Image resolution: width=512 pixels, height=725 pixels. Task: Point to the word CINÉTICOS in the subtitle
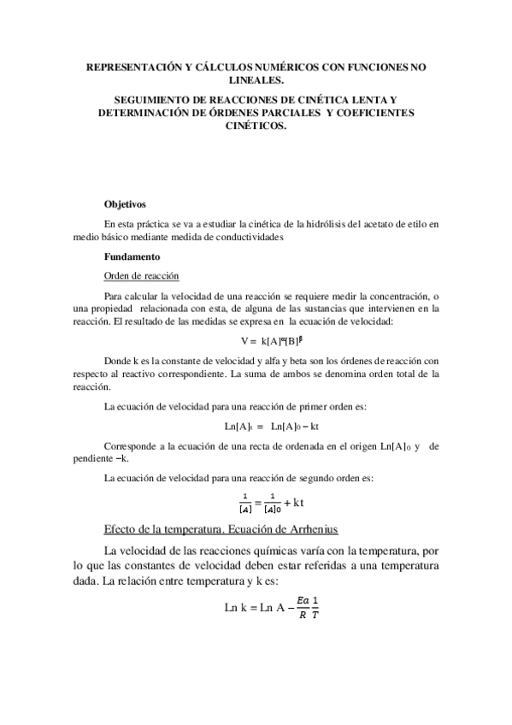[x=256, y=125]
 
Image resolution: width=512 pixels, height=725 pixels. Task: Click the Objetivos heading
[x=125, y=205]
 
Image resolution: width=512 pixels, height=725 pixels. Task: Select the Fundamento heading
[x=130, y=256]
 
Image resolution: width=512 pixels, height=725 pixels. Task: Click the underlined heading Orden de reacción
[x=141, y=275]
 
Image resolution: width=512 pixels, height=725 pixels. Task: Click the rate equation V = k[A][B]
[x=255, y=341]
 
